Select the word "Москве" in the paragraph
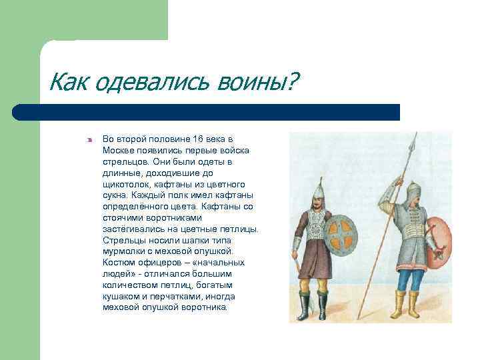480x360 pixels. point(118,150)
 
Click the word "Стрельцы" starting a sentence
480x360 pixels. point(121,240)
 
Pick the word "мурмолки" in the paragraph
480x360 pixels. point(124,251)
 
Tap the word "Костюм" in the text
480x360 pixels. point(119,263)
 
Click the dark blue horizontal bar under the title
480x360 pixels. point(206,111)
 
